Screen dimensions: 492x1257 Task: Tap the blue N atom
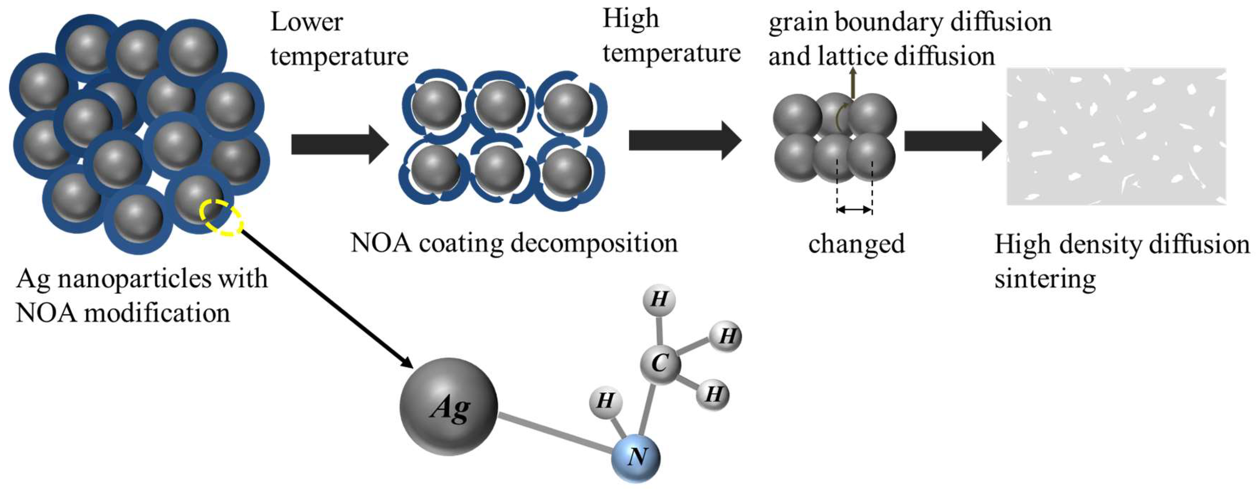click(636, 457)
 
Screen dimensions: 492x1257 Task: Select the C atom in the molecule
click(660, 364)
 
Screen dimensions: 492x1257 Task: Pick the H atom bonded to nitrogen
click(605, 401)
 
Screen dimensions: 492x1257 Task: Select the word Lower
click(307, 22)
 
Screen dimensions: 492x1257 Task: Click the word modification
click(157, 313)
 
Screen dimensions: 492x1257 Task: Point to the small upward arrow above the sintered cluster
click(852, 83)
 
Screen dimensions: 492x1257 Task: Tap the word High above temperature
click(631, 20)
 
